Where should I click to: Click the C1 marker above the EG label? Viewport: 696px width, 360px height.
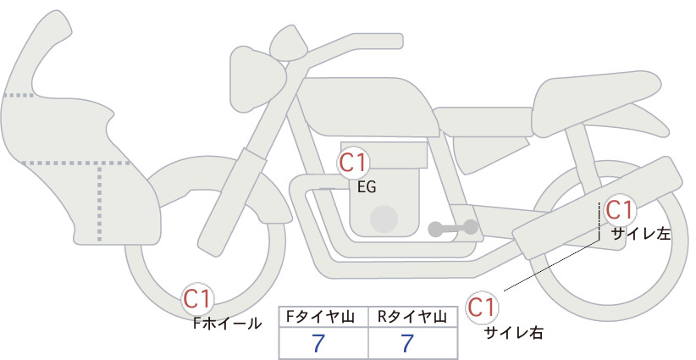[353, 163]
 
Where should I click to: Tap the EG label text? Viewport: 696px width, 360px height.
[367, 187]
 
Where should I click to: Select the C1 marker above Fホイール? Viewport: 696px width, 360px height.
[198, 299]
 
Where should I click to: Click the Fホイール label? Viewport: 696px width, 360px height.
[227, 324]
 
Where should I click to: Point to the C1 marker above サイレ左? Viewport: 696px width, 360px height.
[620, 210]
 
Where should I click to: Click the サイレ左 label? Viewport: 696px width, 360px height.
[640, 234]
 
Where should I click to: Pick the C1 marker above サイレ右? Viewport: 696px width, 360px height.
[482, 307]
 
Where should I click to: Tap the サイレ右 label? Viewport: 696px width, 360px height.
[514, 333]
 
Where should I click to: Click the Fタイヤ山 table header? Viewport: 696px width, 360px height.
[320, 317]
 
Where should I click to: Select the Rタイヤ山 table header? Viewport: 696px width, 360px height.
[412, 317]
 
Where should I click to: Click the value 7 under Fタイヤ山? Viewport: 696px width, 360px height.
[318, 343]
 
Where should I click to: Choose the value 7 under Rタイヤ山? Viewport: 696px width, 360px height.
[407, 343]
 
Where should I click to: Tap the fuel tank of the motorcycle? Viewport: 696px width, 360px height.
[367, 107]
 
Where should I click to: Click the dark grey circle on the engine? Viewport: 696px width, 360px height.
[384, 219]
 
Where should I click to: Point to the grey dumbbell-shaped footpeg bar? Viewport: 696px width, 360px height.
[453, 228]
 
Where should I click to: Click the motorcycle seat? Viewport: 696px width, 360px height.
[597, 103]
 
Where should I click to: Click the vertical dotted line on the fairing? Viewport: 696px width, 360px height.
[99, 202]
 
